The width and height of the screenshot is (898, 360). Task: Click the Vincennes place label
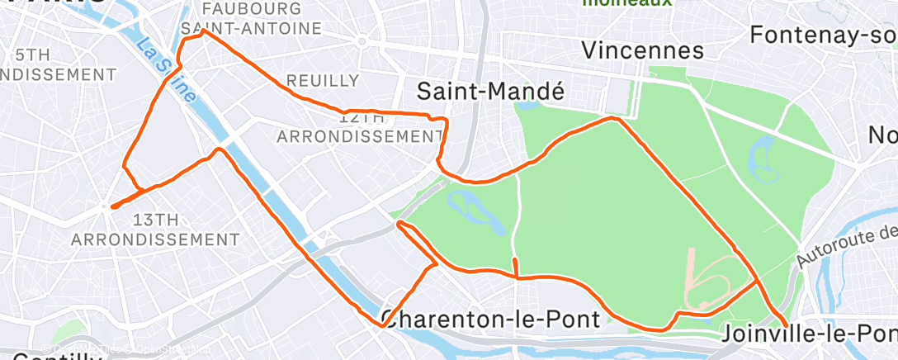643,50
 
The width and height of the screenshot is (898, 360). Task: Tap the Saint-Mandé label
490,91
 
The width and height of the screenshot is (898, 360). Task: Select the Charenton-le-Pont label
490,320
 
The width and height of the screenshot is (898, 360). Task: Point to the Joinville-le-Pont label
809,334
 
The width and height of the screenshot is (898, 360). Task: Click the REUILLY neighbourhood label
323,81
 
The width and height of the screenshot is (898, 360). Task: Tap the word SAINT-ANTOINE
252,29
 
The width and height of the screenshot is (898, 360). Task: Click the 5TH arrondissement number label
32,54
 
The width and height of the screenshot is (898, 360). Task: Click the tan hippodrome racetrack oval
707,282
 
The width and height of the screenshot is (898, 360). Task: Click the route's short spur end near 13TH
111,204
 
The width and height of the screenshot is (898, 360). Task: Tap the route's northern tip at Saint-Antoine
204,31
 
